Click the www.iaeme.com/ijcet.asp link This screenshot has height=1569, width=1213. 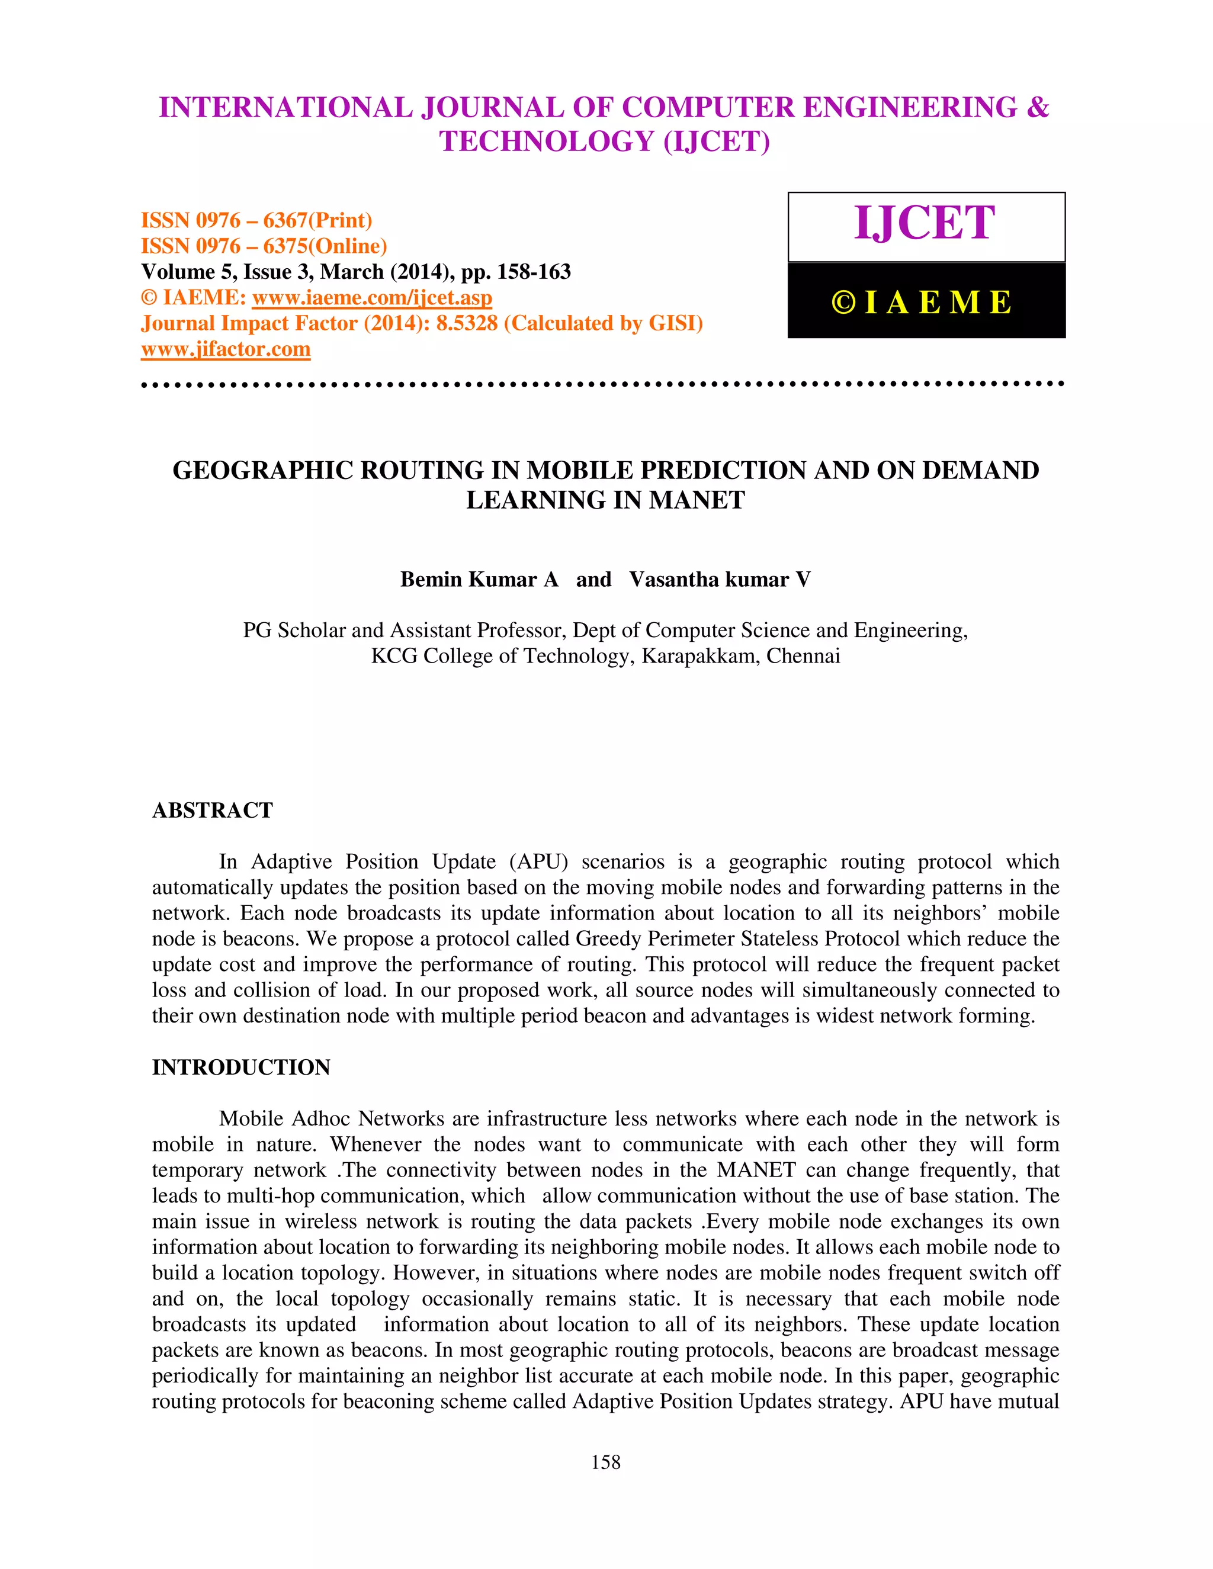pos(371,297)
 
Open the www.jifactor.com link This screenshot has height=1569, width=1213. pos(226,349)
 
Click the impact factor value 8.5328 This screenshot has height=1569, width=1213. pos(466,323)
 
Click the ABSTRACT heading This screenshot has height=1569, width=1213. pos(212,811)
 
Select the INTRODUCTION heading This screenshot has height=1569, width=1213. pos(240,1068)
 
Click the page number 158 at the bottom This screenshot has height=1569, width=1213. pos(605,1462)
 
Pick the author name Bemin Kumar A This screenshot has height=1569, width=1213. pos(479,580)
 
